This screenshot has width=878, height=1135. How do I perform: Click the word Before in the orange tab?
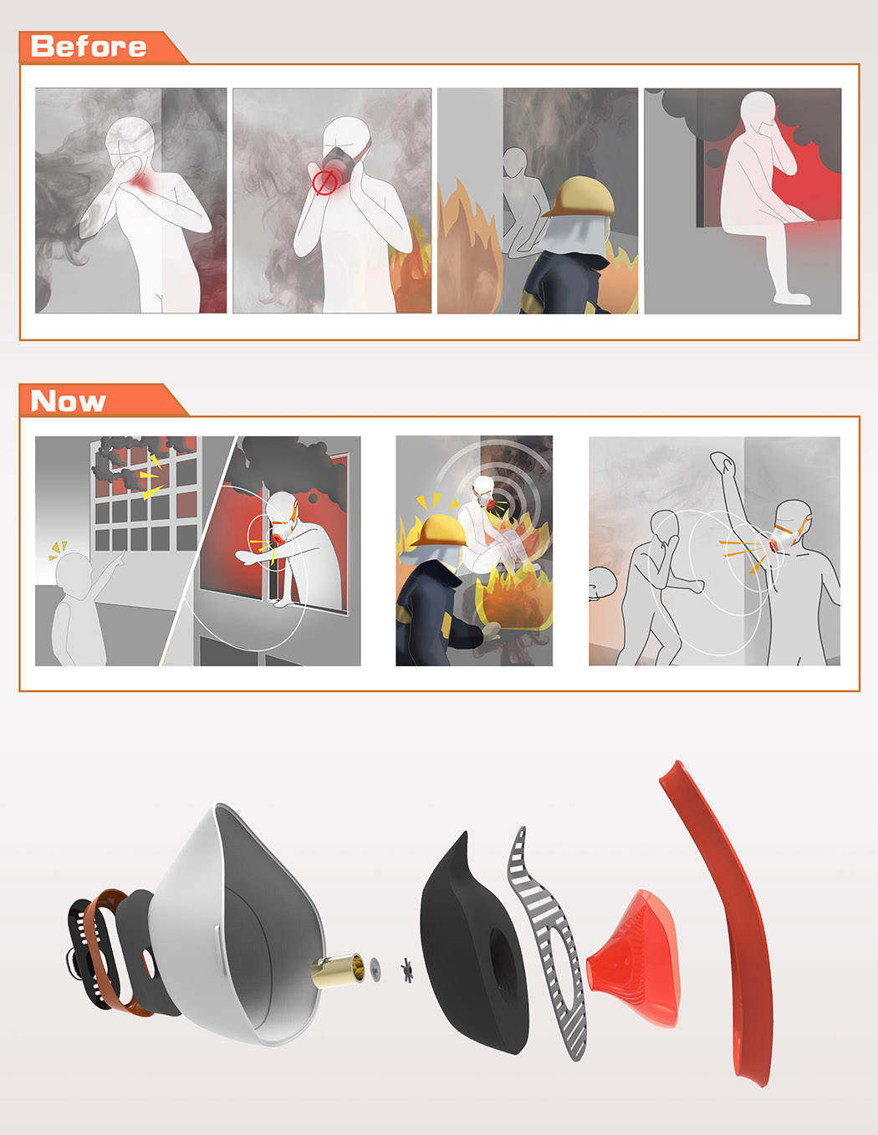click(x=88, y=47)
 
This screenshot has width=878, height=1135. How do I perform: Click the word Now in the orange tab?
click(x=68, y=401)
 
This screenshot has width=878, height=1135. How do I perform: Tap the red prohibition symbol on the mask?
click(x=324, y=183)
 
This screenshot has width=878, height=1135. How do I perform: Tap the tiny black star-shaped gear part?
click(x=406, y=970)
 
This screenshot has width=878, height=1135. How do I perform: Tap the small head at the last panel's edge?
click(x=600, y=583)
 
